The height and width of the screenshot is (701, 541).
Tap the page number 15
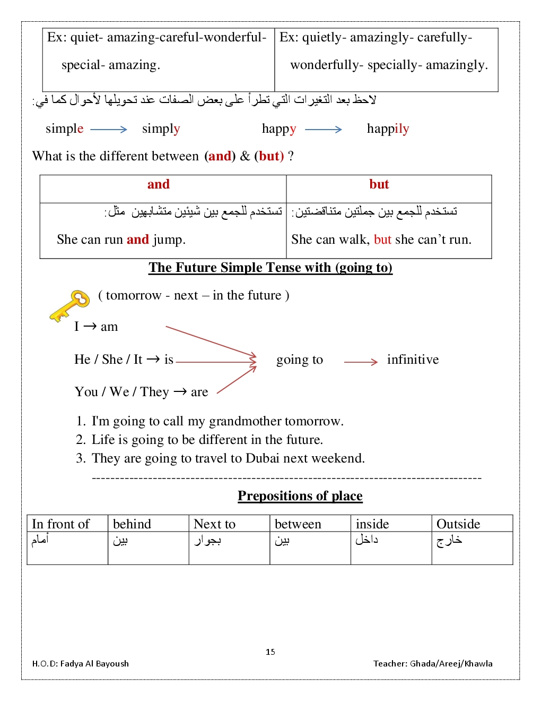(x=270, y=652)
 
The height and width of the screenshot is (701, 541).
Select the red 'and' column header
(x=159, y=184)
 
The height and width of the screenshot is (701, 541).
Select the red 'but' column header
(x=379, y=184)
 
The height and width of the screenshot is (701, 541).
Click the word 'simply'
(x=161, y=129)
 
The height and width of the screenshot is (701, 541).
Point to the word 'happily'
(x=388, y=129)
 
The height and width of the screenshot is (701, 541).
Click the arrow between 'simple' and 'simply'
(x=109, y=129)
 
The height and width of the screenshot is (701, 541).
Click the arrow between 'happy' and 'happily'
(x=324, y=129)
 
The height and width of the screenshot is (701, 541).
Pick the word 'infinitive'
(x=413, y=360)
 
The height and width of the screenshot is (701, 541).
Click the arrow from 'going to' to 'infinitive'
(x=361, y=362)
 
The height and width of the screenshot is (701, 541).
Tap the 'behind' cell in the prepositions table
(x=132, y=524)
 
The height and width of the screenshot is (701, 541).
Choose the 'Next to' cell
(x=215, y=524)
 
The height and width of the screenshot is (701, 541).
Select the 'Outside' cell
(x=458, y=524)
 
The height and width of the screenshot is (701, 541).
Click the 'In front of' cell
(x=61, y=524)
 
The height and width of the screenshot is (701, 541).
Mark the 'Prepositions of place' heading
(x=300, y=495)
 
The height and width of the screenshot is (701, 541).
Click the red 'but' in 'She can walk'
(x=382, y=240)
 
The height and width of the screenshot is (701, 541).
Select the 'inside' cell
(x=372, y=524)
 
